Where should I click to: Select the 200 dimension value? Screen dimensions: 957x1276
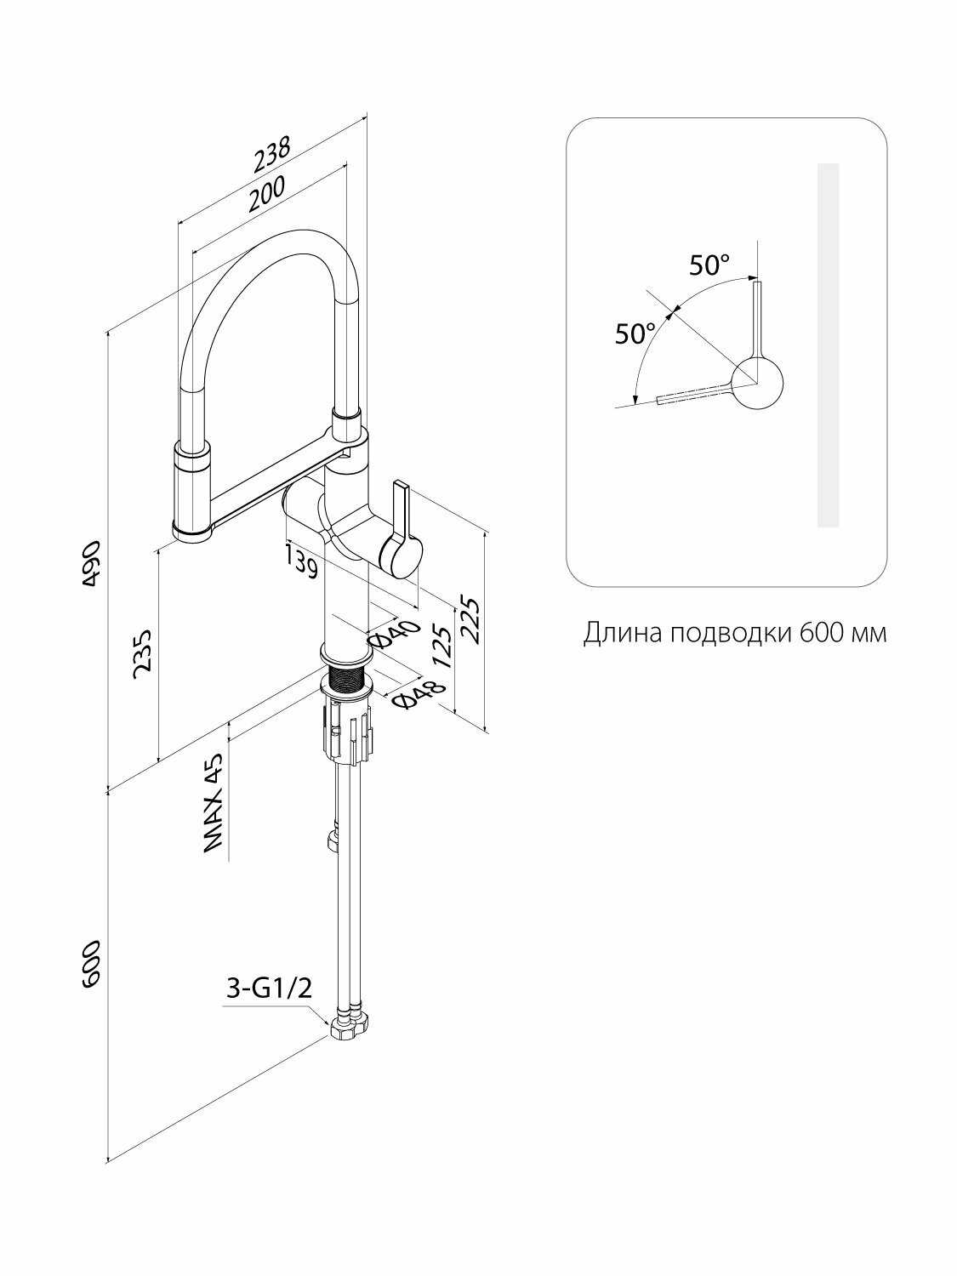click(267, 193)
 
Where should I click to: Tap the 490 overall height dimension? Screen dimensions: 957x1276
click(92, 563)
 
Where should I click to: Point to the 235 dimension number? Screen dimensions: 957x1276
click(142, 653)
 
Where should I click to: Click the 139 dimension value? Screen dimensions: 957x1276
click(303, 560)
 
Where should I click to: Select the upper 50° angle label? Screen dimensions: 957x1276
click(709, 265)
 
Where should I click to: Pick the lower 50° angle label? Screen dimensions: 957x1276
click(635, 333)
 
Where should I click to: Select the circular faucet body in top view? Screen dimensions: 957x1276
click(757, 383)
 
